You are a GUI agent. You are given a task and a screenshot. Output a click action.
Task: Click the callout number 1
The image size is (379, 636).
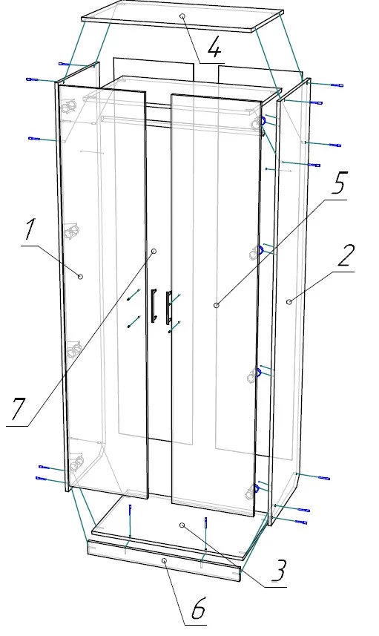click(x=29, y=229)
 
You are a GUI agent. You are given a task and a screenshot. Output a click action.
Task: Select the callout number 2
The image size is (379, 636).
click(x=346, y=256)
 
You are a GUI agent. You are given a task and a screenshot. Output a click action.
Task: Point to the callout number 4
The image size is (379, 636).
click(x=214, y=48)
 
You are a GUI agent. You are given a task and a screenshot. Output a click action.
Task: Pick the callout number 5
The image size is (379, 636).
click(x=338, y=183)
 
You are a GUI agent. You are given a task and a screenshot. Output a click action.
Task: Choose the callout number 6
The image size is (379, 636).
click(x=198, y=608)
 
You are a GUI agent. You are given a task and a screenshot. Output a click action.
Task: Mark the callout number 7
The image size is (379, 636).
click(x=19, y=409)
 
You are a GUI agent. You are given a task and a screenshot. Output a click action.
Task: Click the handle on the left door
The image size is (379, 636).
click(x=154, y=306)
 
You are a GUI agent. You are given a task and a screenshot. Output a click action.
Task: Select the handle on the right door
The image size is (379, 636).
click(x=168, y=308)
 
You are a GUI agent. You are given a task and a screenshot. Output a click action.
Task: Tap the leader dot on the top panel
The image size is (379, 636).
click(x=182, y=16)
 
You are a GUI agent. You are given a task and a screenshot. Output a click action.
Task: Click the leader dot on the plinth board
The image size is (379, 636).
click(x=164, y=560)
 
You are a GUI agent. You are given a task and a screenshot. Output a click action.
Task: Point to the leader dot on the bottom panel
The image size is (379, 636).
click(x=182, y=525)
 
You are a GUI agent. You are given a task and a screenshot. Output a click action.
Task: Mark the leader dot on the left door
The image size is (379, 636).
click(x=154, y=252)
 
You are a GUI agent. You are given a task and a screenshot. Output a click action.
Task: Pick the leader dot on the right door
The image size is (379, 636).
click(x=217, y=305)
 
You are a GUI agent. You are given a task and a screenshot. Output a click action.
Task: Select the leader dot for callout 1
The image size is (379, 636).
click(x=80, y=277)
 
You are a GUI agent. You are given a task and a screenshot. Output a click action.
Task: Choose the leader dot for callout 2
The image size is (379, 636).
click(x=289, y=302)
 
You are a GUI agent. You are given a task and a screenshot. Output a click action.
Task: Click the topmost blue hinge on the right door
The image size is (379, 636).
click(x=263, y=121)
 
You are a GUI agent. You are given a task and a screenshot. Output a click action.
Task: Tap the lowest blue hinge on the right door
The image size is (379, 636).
click(x=256, y=489)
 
